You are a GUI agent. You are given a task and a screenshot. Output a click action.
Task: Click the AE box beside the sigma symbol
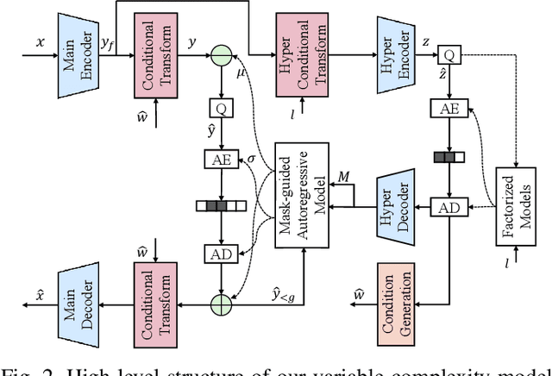pos(221,160)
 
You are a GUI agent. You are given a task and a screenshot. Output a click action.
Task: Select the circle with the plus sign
pos(221,304)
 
